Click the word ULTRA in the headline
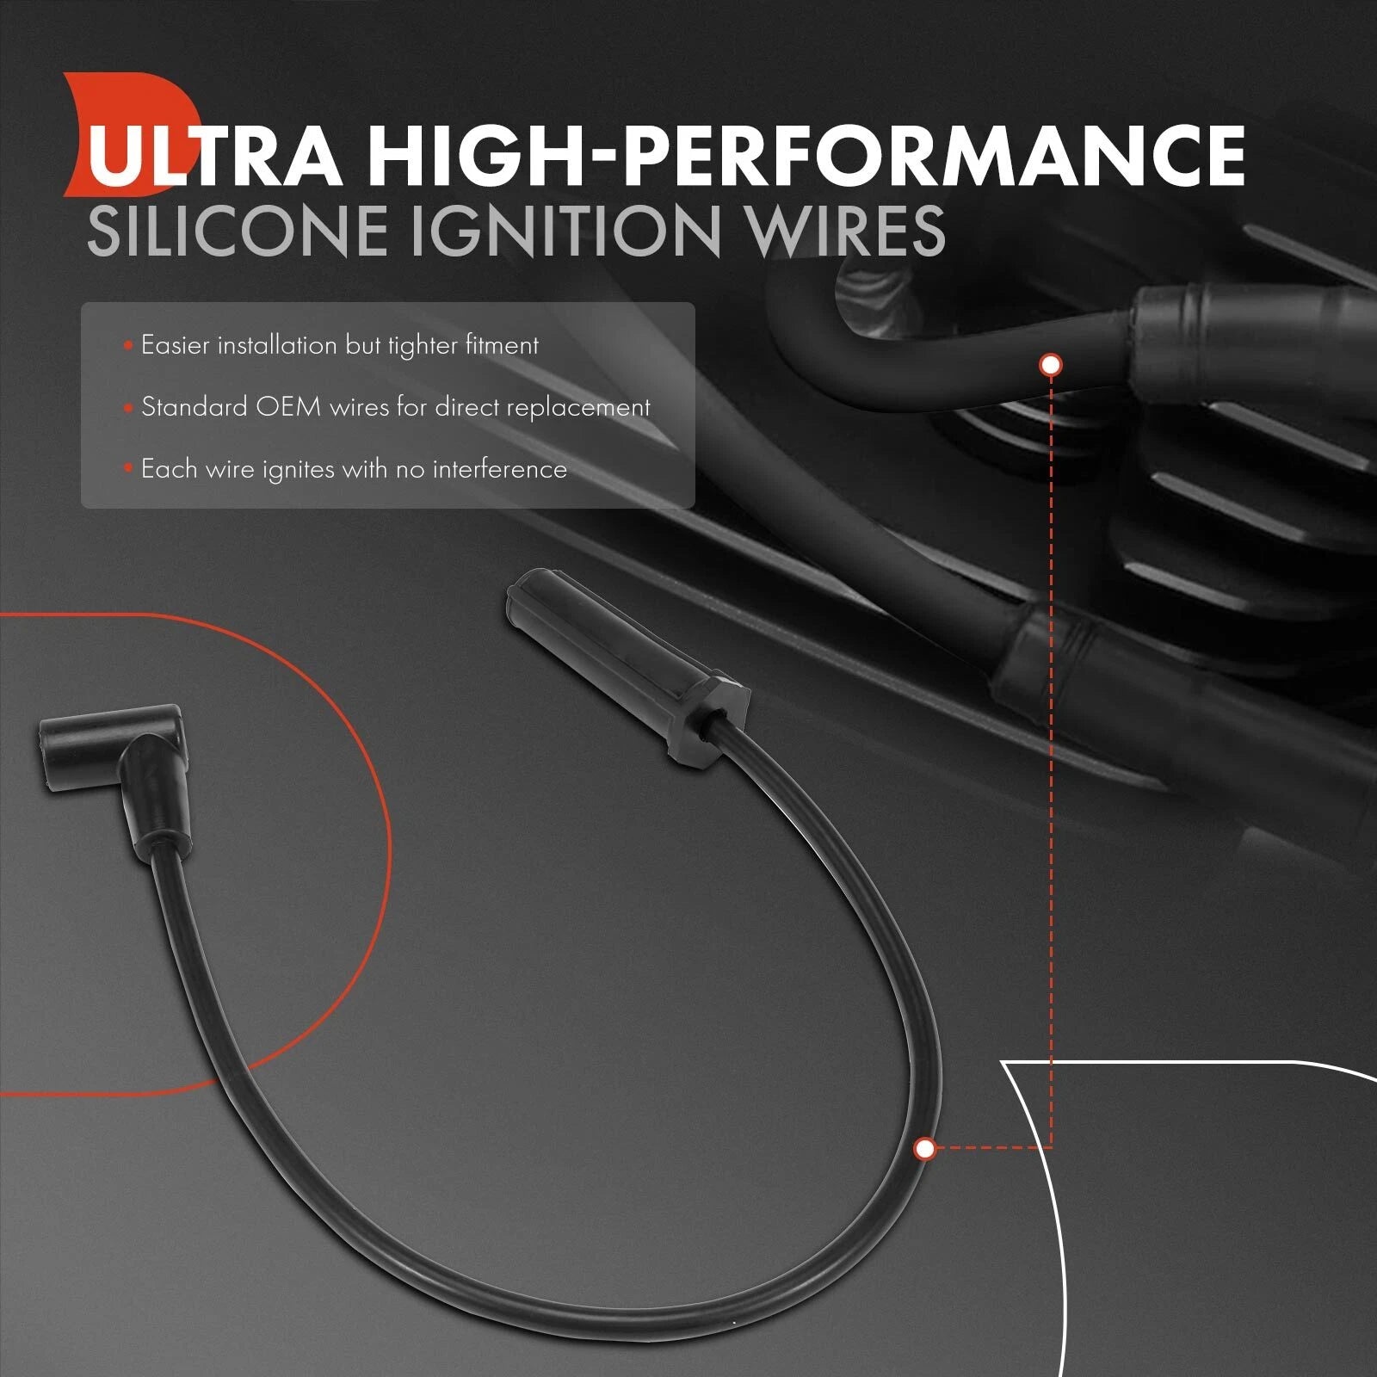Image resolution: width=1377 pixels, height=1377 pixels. [x=214, y=156]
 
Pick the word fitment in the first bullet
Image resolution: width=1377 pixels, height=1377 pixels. [x=502, y=345]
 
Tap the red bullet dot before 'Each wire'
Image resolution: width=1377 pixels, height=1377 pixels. [x=128, y=470]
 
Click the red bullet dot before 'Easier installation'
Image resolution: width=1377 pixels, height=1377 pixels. [x=128, y=346]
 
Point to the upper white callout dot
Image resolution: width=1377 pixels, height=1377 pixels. [x=1051, y=365]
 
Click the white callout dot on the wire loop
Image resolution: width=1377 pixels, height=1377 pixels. [x=925, y=1148]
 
